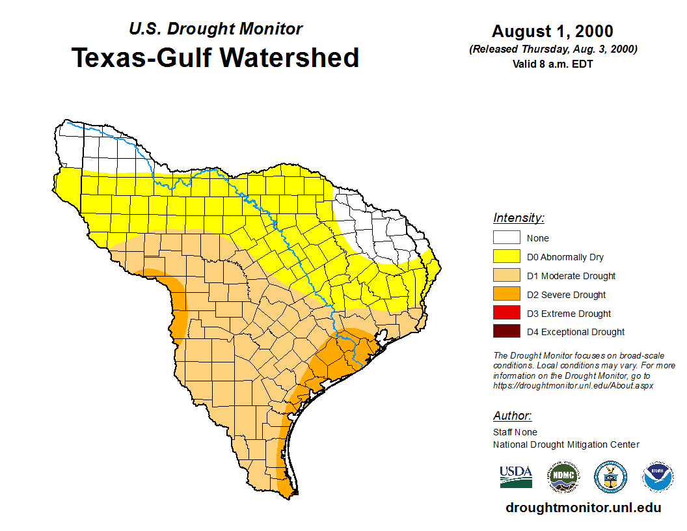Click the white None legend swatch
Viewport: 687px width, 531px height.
tap(506, 238)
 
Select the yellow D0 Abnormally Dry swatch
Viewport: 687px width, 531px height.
tap(506, 257)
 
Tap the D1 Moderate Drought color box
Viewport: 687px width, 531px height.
tap(506, 276)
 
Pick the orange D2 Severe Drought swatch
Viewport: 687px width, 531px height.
tap(506, 295)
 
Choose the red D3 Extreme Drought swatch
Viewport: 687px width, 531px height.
tap(506, 313)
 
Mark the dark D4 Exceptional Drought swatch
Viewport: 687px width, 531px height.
tap(506, 332)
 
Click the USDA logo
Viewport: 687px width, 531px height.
tap(516, 477)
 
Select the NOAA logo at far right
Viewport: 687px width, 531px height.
tap(658, 477)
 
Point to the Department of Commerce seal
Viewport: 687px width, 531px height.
tap(610, 477)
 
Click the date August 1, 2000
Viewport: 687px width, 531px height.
tap(552, 32)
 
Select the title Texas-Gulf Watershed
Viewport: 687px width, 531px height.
tap(215, 58)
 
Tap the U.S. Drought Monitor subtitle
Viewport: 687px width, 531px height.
tap(215, 29)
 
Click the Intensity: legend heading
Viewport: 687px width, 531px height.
tap(519, 218)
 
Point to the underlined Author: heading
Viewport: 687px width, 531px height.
tap(512, 416)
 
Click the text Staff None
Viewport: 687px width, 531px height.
tap(515, 432)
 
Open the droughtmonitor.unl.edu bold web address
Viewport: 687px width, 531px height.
tap(584, 508)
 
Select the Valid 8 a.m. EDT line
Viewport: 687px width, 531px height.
tap(552, 64)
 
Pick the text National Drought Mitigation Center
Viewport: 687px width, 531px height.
tap(566, 444)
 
